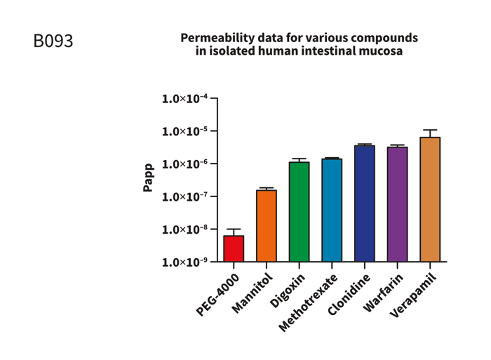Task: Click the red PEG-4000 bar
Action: coord(234,248)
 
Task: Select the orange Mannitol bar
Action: coord(267,226)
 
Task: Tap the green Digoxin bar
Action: coord(300,212)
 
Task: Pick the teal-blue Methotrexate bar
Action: coord(332,210)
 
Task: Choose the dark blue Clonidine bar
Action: coord(365,204)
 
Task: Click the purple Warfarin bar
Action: coord(397,204)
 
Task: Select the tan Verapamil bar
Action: coord(430,199)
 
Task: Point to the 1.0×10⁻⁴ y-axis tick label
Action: coord(184,99)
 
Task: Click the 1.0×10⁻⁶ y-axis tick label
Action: coord(184,164)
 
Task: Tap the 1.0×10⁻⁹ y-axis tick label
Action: coord(184,262)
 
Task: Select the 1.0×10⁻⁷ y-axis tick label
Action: coord(184,197)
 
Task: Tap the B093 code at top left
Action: coord(53,41)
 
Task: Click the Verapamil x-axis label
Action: coord(414,295)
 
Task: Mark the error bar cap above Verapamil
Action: coord(430,130)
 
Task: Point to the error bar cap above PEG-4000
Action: coord(234,229)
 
